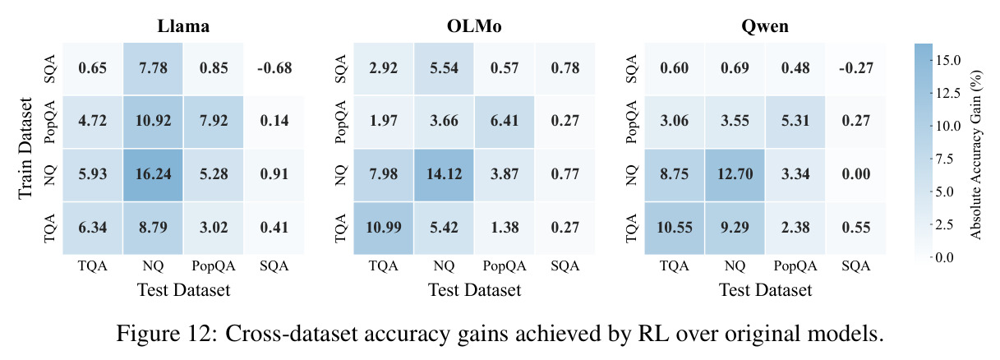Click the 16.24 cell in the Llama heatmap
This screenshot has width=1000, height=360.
(153, 174)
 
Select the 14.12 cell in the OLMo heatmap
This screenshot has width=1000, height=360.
(444, 174)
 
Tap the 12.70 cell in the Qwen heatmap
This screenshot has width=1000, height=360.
(735, 174)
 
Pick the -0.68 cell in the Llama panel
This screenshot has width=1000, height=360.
(274, 68)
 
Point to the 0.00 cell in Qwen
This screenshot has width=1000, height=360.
(856, 174)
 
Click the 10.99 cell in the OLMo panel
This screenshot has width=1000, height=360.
(384, 228)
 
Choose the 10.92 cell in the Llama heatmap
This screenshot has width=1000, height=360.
(153, 122)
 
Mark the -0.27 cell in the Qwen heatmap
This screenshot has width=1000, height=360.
(856, 68)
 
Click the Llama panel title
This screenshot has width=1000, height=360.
(183, 26)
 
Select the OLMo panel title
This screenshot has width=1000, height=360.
(474, 26)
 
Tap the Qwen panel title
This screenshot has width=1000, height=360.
(765, 26)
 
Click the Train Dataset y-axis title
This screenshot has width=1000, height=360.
(25, 148)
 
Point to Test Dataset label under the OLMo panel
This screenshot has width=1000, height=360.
(475, 290)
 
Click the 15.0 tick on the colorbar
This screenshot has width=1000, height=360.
(948, 60)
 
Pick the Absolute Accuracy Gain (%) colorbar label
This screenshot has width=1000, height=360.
(976, 155)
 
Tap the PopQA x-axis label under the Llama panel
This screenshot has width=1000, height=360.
(214, 266)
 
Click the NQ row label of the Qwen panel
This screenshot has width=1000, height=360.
(631, 175)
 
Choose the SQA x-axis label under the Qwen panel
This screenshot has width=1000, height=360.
(856, 265)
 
